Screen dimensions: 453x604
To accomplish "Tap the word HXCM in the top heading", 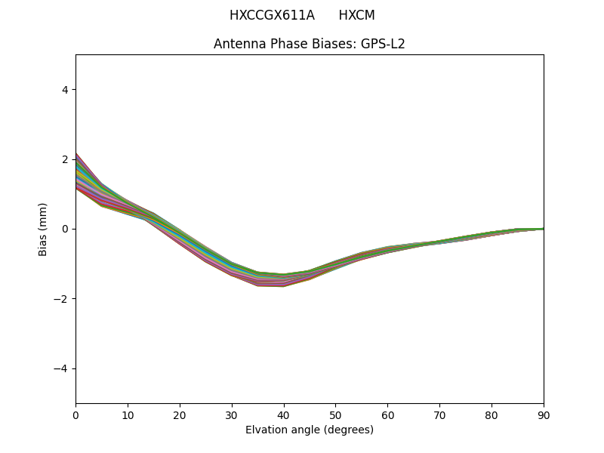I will [356, 15].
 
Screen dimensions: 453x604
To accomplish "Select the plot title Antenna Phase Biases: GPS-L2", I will [310, 44].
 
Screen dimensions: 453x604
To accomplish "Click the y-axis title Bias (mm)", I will [43, 229].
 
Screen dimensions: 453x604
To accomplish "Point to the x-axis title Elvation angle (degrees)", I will [310, 430].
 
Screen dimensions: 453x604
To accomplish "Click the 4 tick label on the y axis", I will [65, 89].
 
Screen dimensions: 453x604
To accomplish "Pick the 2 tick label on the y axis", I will [65, 159].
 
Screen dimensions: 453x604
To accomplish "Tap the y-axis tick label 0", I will [65, 229].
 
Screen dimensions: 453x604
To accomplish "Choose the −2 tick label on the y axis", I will [62, 299].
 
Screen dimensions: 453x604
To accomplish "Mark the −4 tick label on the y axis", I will [62, 368].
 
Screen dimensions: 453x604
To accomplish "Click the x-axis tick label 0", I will [75, 414].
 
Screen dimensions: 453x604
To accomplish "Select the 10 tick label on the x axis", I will [128, 414].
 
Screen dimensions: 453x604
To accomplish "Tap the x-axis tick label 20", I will [180, 414].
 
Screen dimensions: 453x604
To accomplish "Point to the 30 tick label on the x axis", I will [232, 414].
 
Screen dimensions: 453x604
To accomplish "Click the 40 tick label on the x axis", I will [284, 414].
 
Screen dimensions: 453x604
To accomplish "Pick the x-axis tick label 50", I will [335, 414].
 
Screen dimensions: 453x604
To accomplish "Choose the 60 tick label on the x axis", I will [387, 414].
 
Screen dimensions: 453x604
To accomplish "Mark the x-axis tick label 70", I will [439, 414].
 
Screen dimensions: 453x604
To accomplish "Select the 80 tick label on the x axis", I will [492, 414].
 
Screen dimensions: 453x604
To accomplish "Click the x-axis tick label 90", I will [544, 414].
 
